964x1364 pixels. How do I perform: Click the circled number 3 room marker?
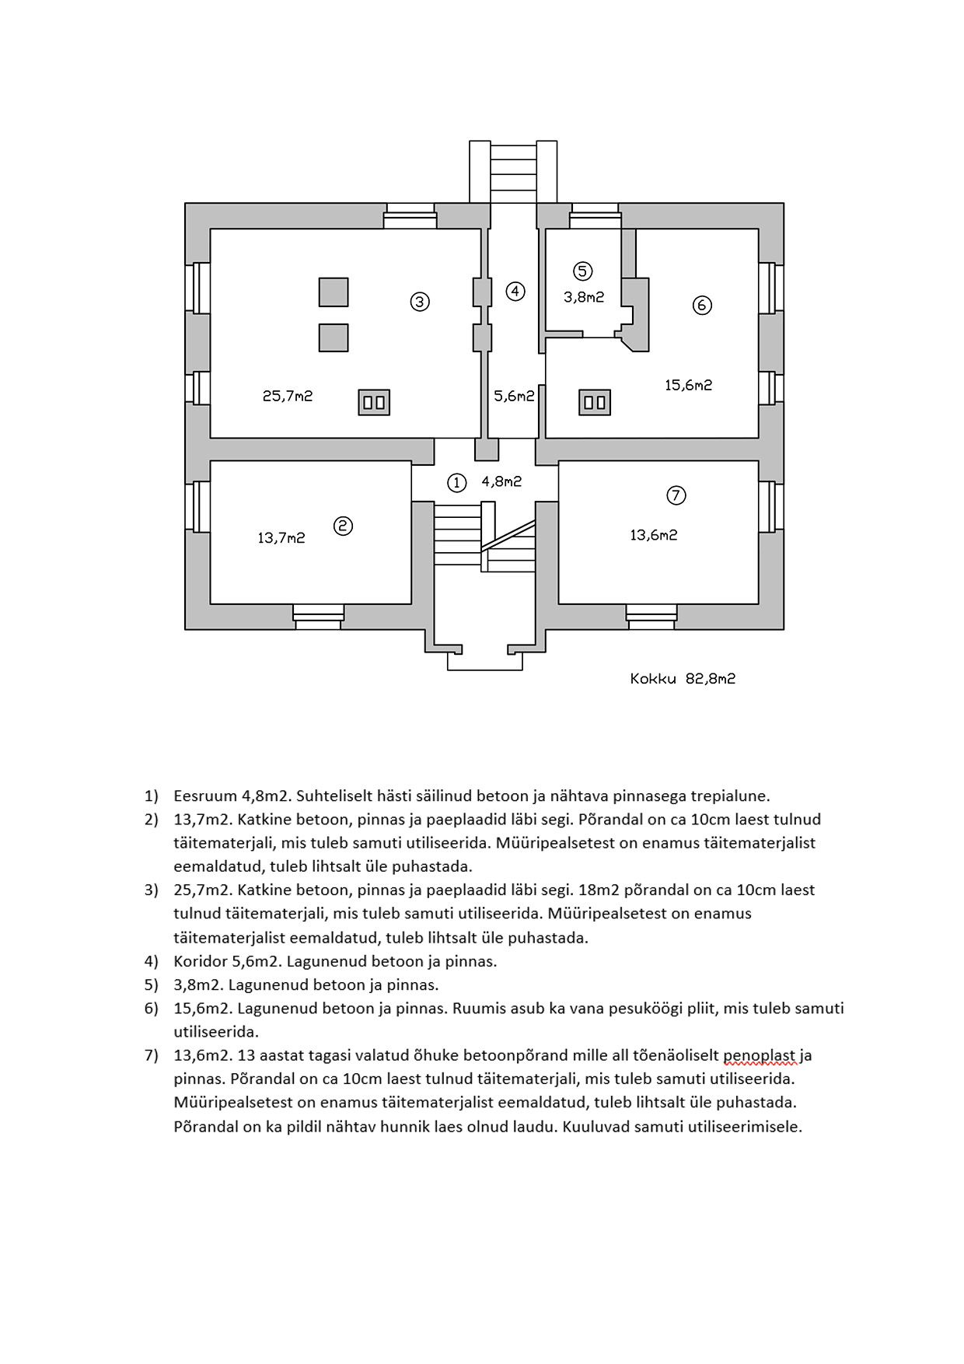click(x=420, y=301)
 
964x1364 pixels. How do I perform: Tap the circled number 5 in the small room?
click(x=582, y=271)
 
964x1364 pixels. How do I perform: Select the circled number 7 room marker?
click(x=676, y=495)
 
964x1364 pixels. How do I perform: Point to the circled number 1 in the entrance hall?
click(x=456, y=483)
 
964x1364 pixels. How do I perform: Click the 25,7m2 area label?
click(x=288, y=396)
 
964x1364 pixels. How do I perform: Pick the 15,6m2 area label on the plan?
click(x=688, y=385)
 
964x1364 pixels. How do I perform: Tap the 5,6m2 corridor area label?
click(x=514, y=396)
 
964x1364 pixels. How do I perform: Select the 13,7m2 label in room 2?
click(x=281, y=537)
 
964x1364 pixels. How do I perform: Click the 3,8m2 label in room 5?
click(x=584, y=297)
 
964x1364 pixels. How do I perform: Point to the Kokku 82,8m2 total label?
click(x=683, y=679)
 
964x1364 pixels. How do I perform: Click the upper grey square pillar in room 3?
click(x=334, y=292)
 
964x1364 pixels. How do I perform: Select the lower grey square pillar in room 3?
click(x=334, y=338)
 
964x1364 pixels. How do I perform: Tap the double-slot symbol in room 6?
click(x=595, y=402)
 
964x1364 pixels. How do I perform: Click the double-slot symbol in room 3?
click(x=374, y=402)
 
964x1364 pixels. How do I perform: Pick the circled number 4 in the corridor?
click(x=515, y=292)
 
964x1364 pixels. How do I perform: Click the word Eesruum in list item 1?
click(x=204, y=796)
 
